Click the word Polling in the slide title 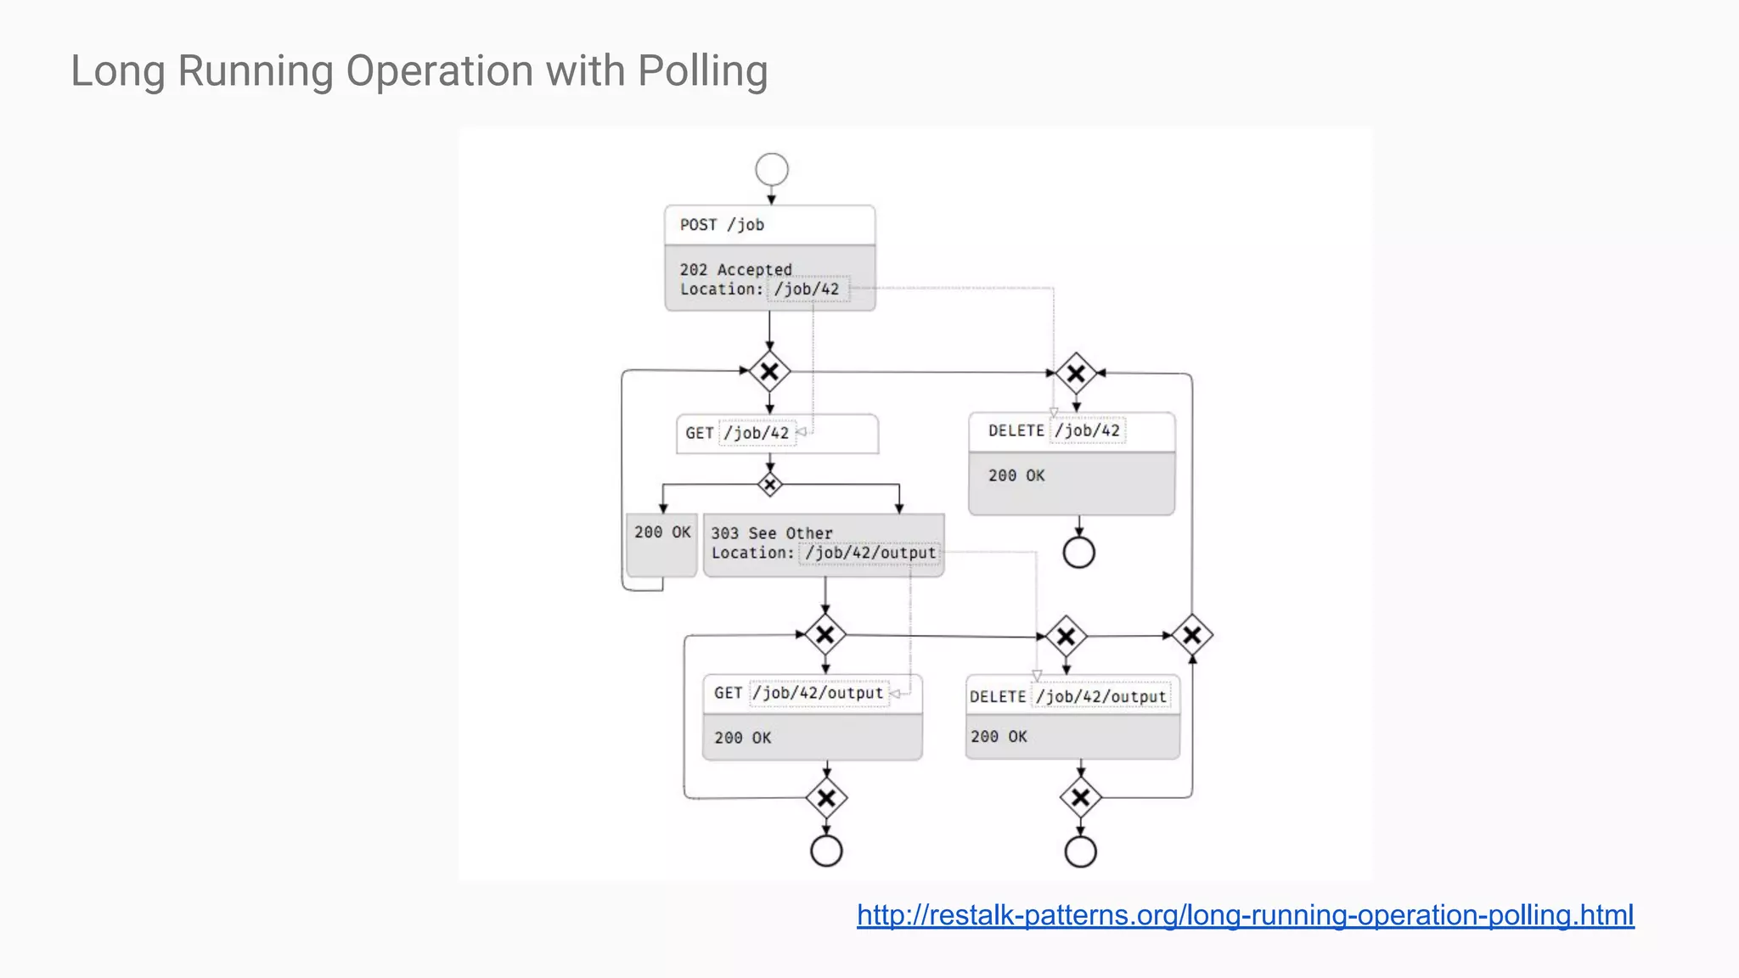702,71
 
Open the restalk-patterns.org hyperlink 1245,915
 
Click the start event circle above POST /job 772,169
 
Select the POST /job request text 722,225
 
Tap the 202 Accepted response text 735,269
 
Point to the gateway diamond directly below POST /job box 770,372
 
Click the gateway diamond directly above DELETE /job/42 1076,374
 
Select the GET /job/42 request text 737,433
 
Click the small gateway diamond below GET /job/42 770,485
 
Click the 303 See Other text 771,533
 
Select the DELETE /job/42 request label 1054,430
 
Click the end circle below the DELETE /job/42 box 1079,553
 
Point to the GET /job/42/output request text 798,693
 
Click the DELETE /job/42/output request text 1067,696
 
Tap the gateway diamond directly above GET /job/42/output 825,635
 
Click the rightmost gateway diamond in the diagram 1192,635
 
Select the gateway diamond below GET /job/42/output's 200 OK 826,798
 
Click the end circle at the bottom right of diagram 1081,852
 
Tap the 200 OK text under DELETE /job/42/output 999,737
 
